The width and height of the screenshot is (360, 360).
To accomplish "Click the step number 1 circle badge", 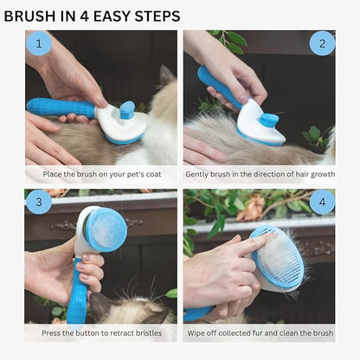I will click(38, 43).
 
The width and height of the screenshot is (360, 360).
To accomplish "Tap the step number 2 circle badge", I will click(322, 43).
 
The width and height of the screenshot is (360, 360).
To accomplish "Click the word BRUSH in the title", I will click(30, 16).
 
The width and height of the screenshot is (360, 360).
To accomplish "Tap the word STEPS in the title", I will click(154, 16).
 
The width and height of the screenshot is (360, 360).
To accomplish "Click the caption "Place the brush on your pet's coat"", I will click(100, 174).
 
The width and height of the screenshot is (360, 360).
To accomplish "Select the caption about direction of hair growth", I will click(259, 174).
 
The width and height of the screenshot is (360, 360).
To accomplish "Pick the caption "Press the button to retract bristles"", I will click(100, 333).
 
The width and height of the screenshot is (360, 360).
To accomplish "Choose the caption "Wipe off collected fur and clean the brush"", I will click(259, 333).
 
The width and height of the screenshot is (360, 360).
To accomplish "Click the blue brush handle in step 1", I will click(61, 108).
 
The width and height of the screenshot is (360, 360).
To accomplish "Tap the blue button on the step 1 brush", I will click(127, 110).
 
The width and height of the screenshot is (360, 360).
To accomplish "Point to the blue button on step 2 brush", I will click(269, 119).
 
